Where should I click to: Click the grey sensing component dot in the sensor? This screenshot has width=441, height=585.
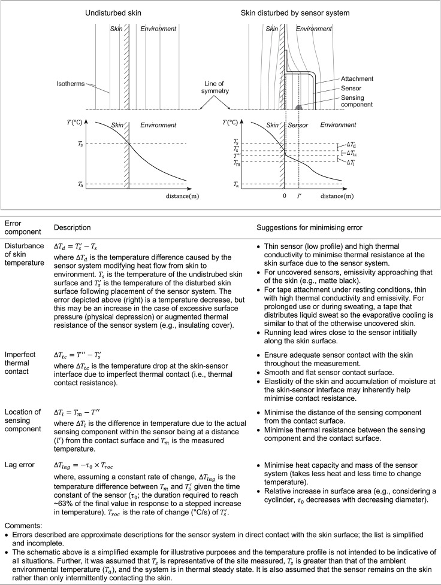coord(299,108)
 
